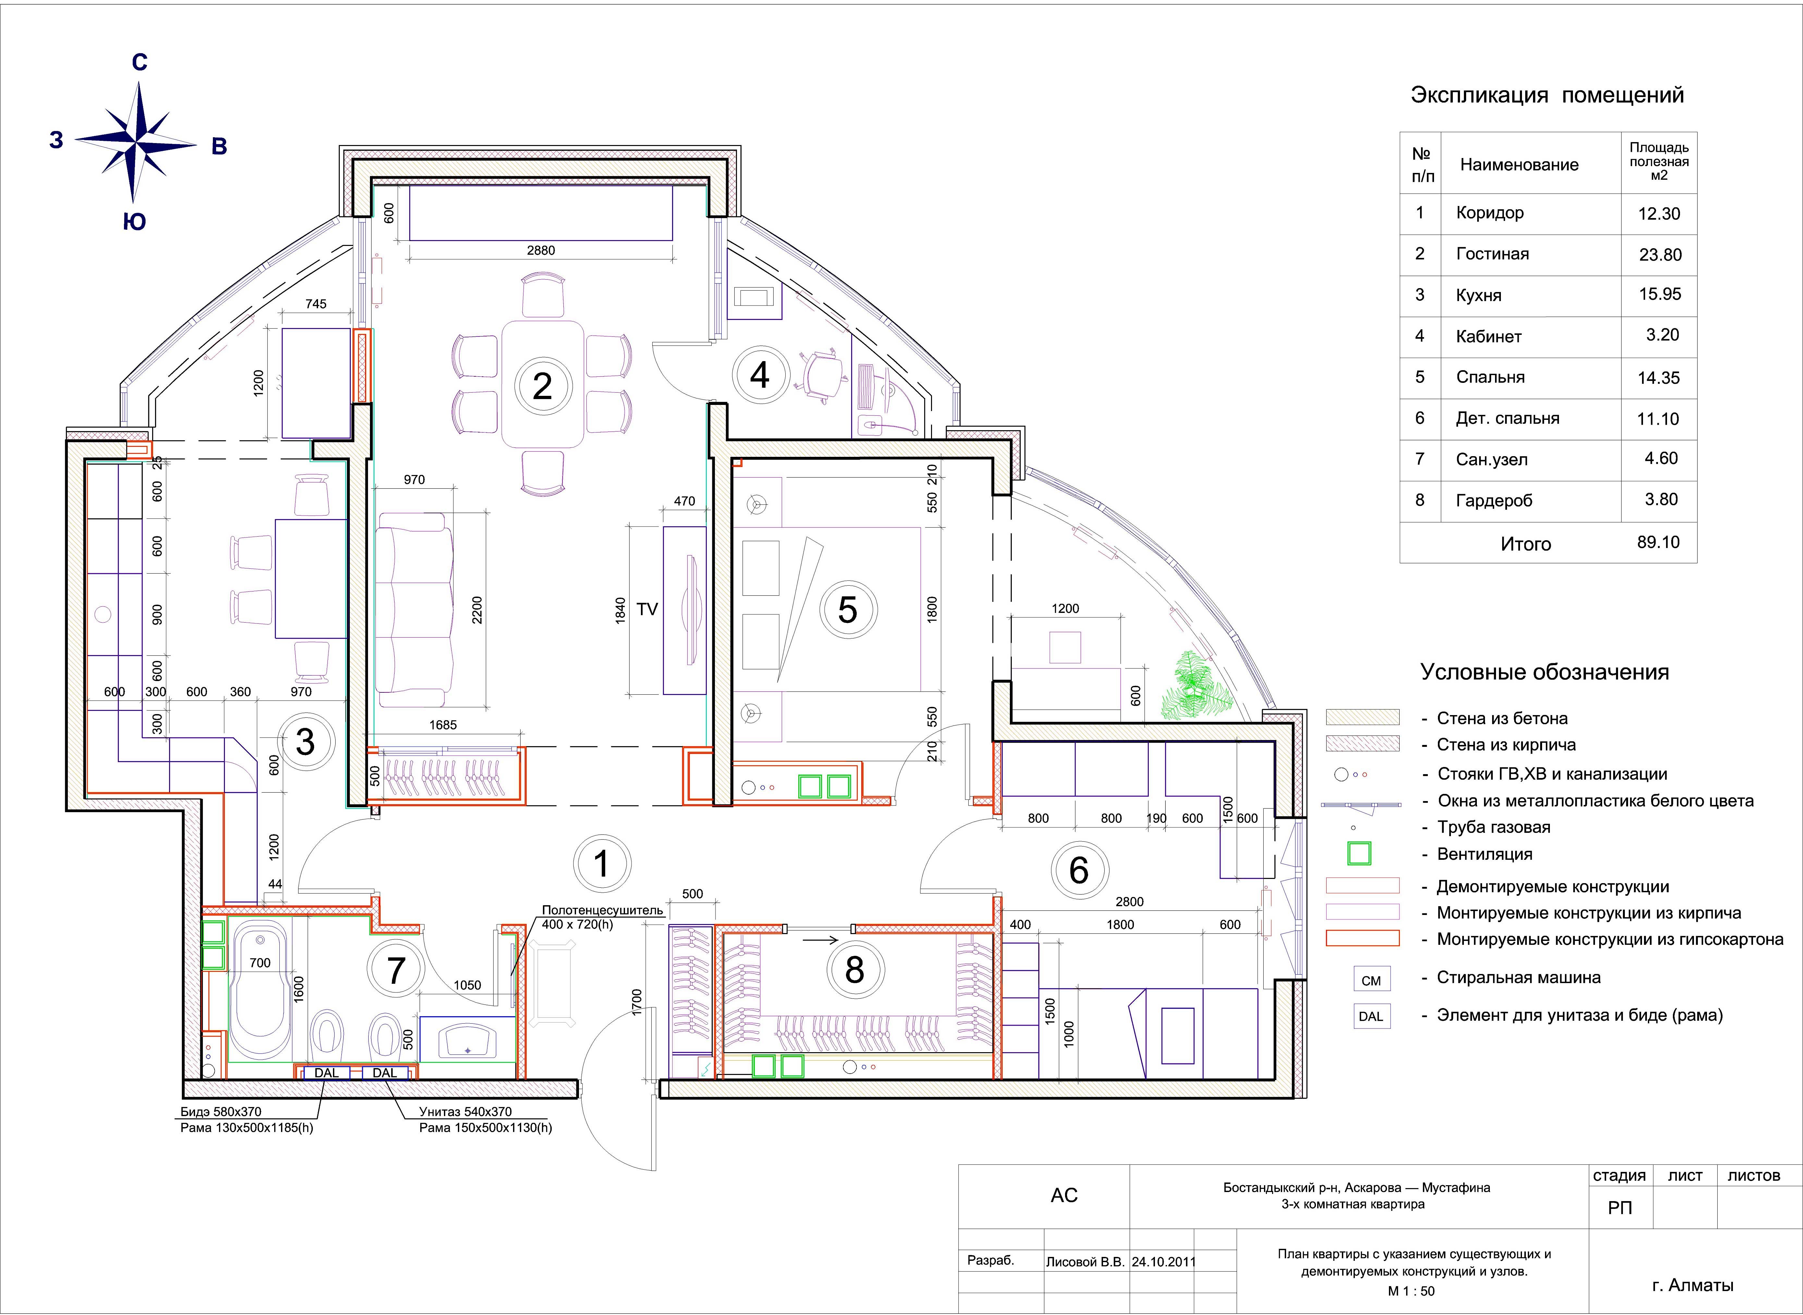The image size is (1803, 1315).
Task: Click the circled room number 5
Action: (848, 610)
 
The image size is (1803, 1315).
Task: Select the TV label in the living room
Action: (647, 609)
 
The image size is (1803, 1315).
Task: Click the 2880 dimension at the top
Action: (541, 250)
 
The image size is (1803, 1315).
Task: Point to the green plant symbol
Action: (1196, 685)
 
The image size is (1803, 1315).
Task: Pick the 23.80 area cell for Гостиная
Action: (1660, 255)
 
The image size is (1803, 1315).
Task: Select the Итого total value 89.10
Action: (1658, 542)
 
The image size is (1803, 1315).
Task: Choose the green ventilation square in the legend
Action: (1359, 853)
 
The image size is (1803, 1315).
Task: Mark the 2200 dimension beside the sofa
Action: (477, 610)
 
